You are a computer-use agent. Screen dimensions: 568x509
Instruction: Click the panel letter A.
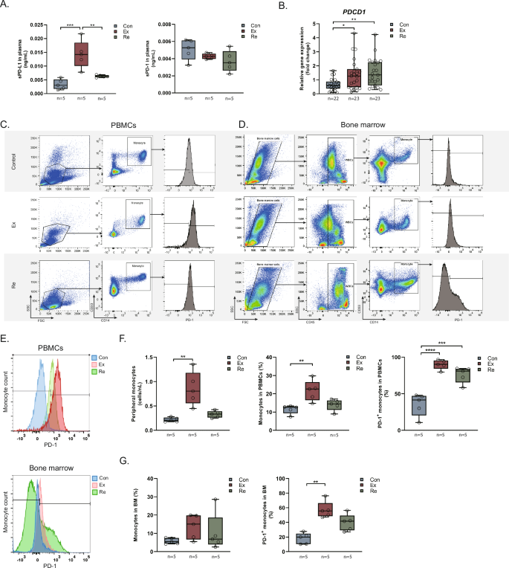click(7, 6)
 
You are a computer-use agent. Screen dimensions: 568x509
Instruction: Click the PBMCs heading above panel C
click(139, 127)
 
